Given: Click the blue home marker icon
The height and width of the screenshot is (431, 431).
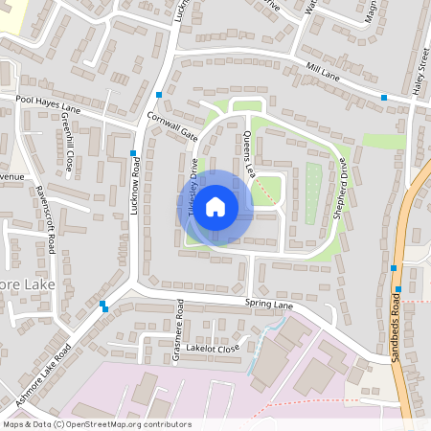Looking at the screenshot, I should (215, 206).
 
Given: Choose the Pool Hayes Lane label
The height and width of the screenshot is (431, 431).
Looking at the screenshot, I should (49, 104).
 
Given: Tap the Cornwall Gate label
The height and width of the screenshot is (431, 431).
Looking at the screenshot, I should (172, 124).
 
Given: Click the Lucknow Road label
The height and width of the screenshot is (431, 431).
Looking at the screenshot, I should (137, 187).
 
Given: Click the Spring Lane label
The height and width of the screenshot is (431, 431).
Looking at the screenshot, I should (268, 306).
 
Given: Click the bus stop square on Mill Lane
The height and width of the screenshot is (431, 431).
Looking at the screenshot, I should (384, 98).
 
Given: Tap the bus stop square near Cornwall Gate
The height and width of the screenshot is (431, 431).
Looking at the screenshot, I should (159, 94).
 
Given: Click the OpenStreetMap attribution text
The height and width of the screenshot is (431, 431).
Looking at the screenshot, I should (97, 424).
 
